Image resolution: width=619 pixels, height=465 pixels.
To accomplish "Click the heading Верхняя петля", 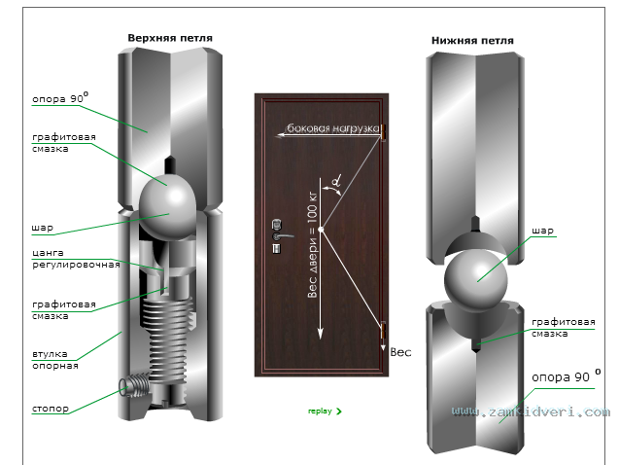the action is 170,38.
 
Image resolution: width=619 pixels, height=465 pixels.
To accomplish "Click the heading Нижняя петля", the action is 472,41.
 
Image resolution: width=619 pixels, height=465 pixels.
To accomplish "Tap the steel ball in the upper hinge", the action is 167,206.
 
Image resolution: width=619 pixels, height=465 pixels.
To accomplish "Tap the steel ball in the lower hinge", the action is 476,278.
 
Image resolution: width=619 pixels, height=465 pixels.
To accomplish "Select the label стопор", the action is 51,409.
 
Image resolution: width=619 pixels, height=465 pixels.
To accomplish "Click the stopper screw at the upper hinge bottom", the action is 135,386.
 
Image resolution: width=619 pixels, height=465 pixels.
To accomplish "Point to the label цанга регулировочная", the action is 76,259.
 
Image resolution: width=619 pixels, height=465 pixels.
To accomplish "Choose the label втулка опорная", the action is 54,360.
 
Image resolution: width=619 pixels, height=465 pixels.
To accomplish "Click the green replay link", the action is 325,411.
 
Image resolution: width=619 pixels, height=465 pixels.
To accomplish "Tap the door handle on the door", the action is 283,236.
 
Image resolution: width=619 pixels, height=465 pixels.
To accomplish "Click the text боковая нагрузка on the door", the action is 332,128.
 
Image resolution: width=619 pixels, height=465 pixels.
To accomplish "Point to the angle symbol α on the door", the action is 336,182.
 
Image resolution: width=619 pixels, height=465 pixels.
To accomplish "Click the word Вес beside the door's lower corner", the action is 400,352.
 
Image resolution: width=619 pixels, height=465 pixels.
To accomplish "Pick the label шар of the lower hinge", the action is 542,231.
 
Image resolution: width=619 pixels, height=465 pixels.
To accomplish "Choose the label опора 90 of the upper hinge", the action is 60,98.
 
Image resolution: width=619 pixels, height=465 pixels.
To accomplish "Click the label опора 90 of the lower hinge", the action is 567,376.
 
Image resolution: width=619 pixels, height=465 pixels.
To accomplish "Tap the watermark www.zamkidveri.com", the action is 531,411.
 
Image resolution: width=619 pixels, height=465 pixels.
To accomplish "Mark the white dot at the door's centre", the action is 321,230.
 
